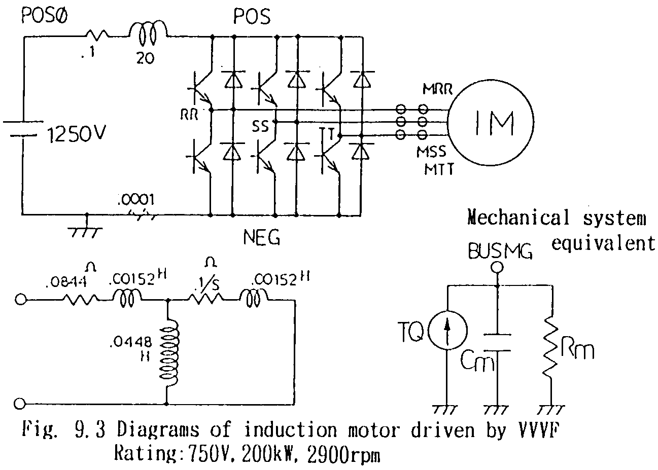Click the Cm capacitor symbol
[496, 342]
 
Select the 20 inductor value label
[146, 58]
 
